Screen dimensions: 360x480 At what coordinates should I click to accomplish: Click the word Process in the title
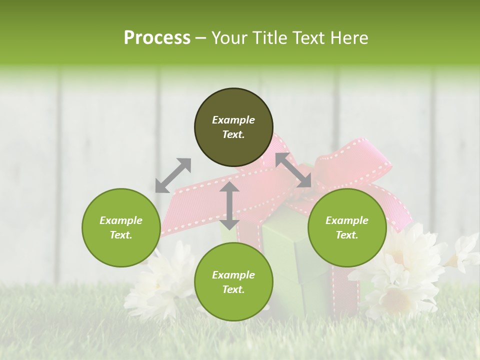click(157, 38)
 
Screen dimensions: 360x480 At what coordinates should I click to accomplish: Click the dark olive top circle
click(233, 105)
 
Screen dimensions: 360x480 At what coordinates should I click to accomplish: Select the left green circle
click(121, 227)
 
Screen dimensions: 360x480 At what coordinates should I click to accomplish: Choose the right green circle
click(347, 227)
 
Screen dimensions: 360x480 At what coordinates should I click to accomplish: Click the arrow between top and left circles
click(173, 175)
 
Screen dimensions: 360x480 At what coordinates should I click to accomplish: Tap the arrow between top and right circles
click(293, 170)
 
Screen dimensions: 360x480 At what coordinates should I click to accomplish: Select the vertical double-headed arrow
click(229, 205)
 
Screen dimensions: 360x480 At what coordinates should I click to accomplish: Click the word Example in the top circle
click(233, 120)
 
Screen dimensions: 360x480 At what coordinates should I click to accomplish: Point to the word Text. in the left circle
click(121, 235)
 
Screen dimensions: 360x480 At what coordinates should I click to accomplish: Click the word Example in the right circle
click(347, 220)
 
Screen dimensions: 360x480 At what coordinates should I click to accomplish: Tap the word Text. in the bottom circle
click(233, 289)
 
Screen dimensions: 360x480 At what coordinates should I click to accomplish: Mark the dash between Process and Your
click(201, 38)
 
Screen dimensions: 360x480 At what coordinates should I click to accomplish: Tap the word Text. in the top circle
click(233, 134)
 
